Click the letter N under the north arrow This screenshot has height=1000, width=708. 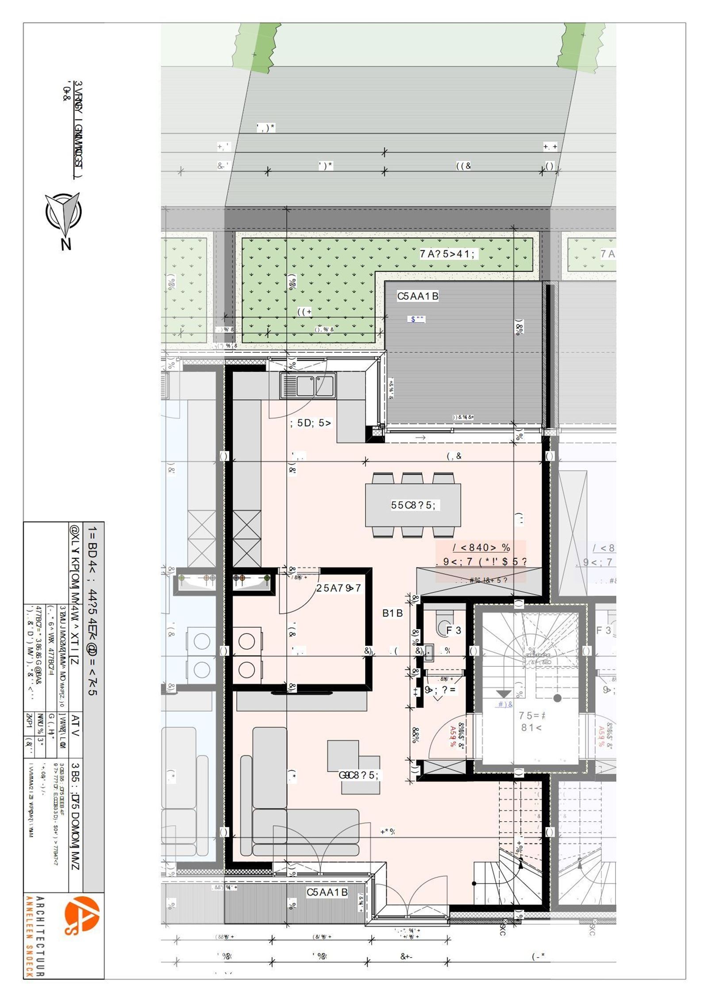[66, 244]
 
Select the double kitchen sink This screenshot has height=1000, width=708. [308, 385]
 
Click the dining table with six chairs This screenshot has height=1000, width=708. [413, 505]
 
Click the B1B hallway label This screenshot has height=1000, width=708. [392, 613]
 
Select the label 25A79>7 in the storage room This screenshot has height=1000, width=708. [339, 588]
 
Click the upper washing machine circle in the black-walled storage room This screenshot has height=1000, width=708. [246, 641]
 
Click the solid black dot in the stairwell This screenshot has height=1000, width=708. [557, 698]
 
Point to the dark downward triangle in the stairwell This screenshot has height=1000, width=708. [504, 694]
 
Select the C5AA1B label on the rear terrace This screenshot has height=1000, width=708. [417, 296]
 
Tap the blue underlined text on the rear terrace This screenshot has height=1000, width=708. [416, 319]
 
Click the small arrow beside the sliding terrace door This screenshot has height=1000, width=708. [420, 438]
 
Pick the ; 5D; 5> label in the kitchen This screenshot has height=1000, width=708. [310, 423]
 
